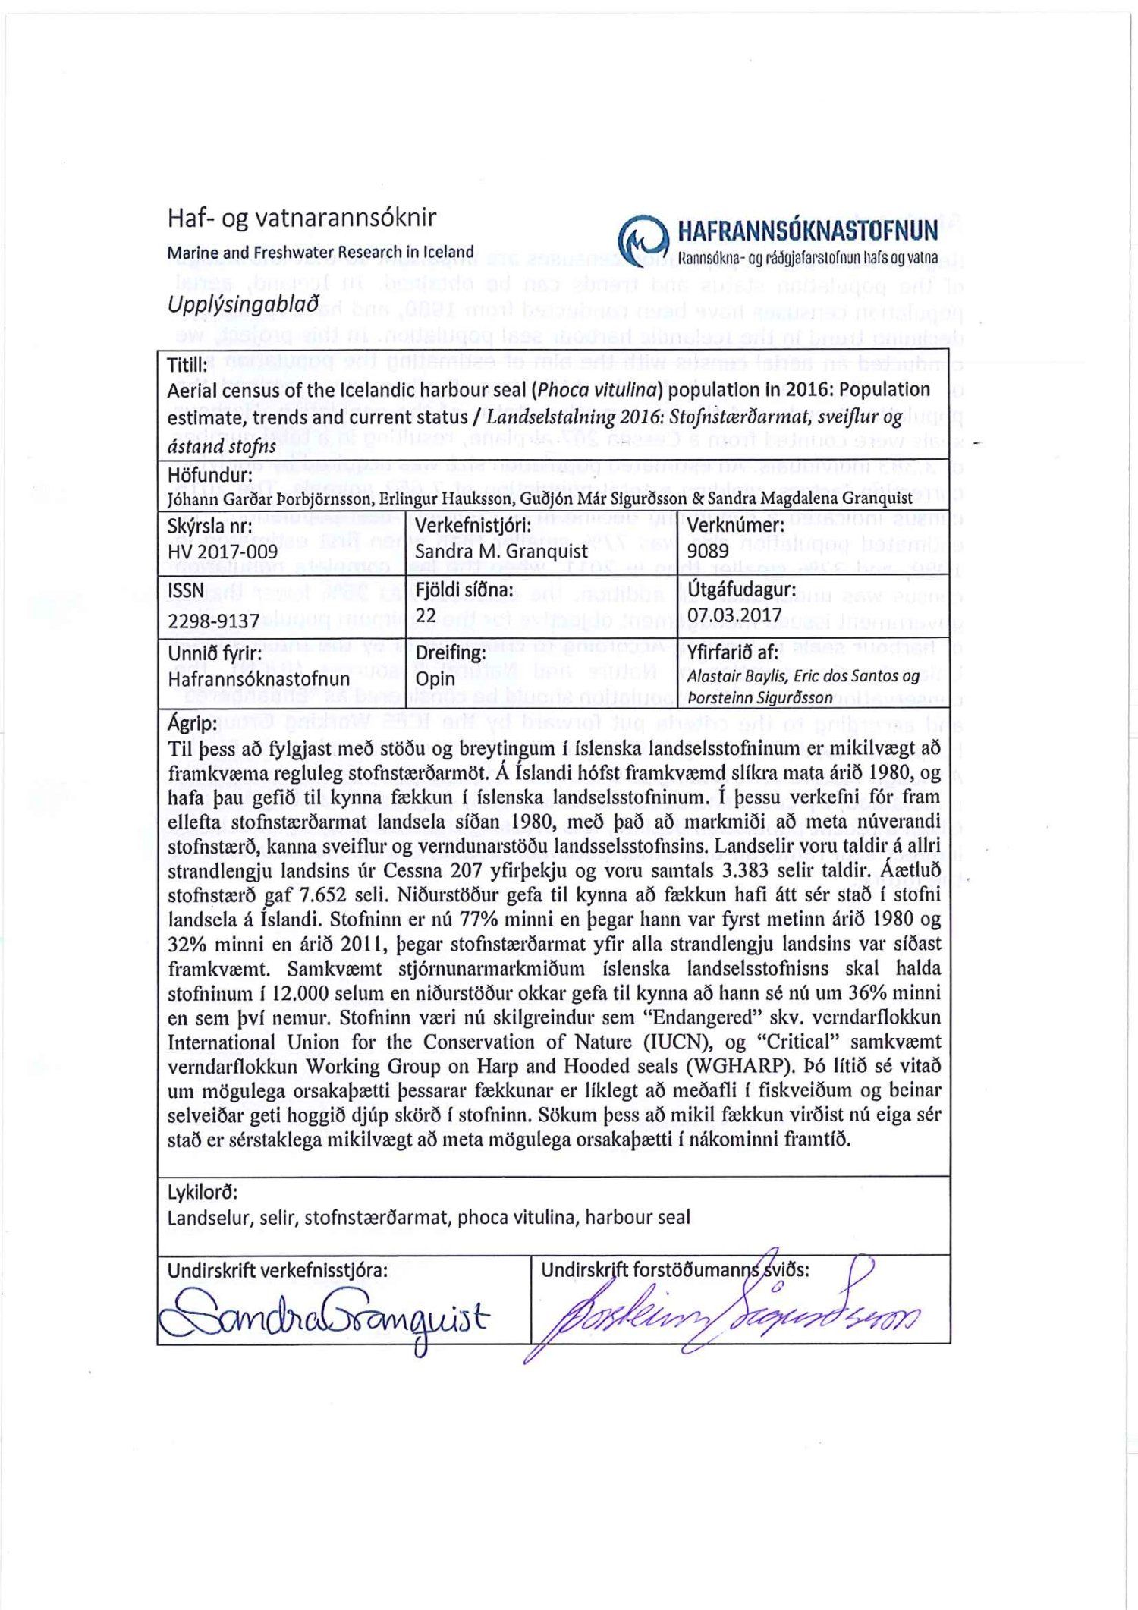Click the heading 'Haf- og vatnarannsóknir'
302,219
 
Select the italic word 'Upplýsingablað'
243,304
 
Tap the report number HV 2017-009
223,552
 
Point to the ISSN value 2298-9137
214,621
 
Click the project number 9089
708,551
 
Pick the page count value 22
426,615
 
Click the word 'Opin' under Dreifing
435,678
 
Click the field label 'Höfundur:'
210,475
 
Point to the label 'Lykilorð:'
203,1192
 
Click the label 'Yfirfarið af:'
733,652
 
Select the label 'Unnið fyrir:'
215,653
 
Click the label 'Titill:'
187,365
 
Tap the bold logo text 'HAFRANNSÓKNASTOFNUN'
807,230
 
